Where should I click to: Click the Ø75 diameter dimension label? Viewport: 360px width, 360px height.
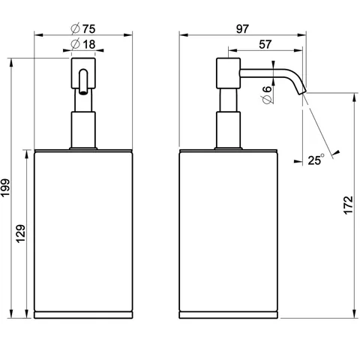83,28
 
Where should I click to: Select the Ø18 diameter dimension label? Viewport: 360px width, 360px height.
83,44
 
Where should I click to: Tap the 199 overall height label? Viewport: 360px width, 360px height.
5,188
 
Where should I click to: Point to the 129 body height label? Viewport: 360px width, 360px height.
21,234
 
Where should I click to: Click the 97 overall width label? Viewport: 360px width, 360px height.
242,29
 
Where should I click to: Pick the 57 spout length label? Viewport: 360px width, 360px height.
265,44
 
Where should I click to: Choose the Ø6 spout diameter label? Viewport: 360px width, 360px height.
267,94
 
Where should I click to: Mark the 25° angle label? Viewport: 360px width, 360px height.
316,160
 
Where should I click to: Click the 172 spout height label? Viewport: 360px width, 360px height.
348,205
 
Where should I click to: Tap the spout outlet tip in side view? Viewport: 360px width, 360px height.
303,93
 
